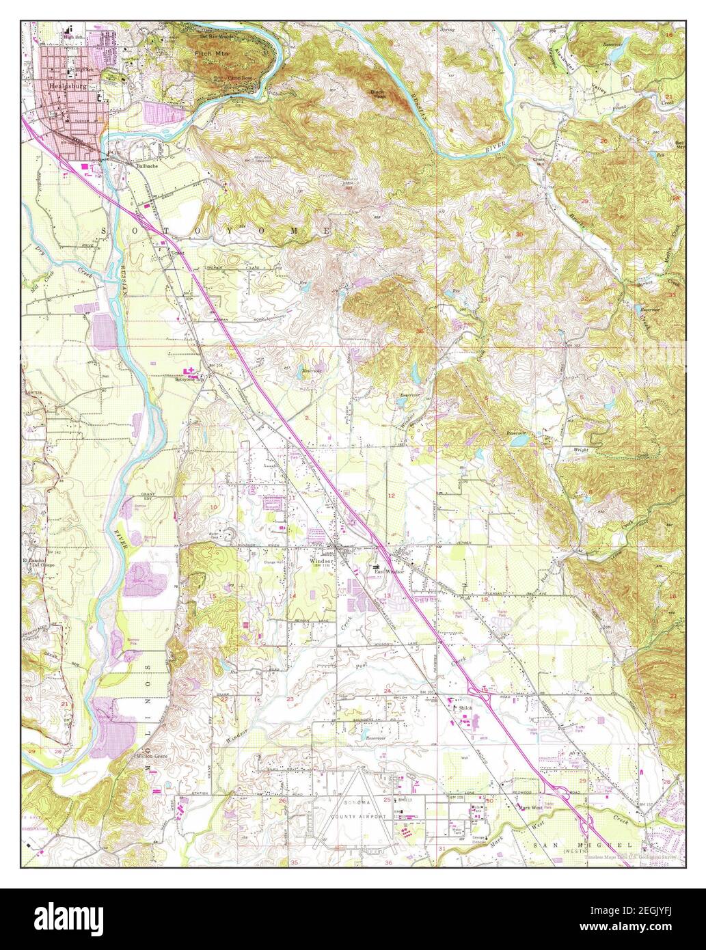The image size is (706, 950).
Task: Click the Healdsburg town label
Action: (x=66, y=87)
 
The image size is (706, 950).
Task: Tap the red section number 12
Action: (x=392, y=494)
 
